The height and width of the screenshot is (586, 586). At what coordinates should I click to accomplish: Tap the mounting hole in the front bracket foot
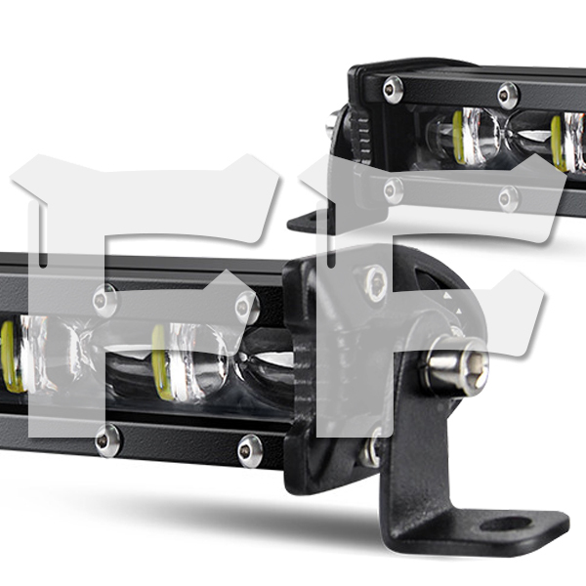(506, 523)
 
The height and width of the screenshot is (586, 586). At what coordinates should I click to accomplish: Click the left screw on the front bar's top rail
(105, 300)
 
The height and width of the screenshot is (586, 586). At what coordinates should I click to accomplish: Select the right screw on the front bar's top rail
(247, 308)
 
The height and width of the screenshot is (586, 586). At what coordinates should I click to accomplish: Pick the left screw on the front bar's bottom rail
(107, 440)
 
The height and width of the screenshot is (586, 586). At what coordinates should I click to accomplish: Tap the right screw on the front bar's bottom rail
(250, 450)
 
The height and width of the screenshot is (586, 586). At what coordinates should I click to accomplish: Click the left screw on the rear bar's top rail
(393, 89)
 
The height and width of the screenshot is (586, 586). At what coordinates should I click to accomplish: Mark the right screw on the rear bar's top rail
(508, 96)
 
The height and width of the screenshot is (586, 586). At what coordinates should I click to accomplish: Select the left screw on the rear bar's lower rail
(394, 190)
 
